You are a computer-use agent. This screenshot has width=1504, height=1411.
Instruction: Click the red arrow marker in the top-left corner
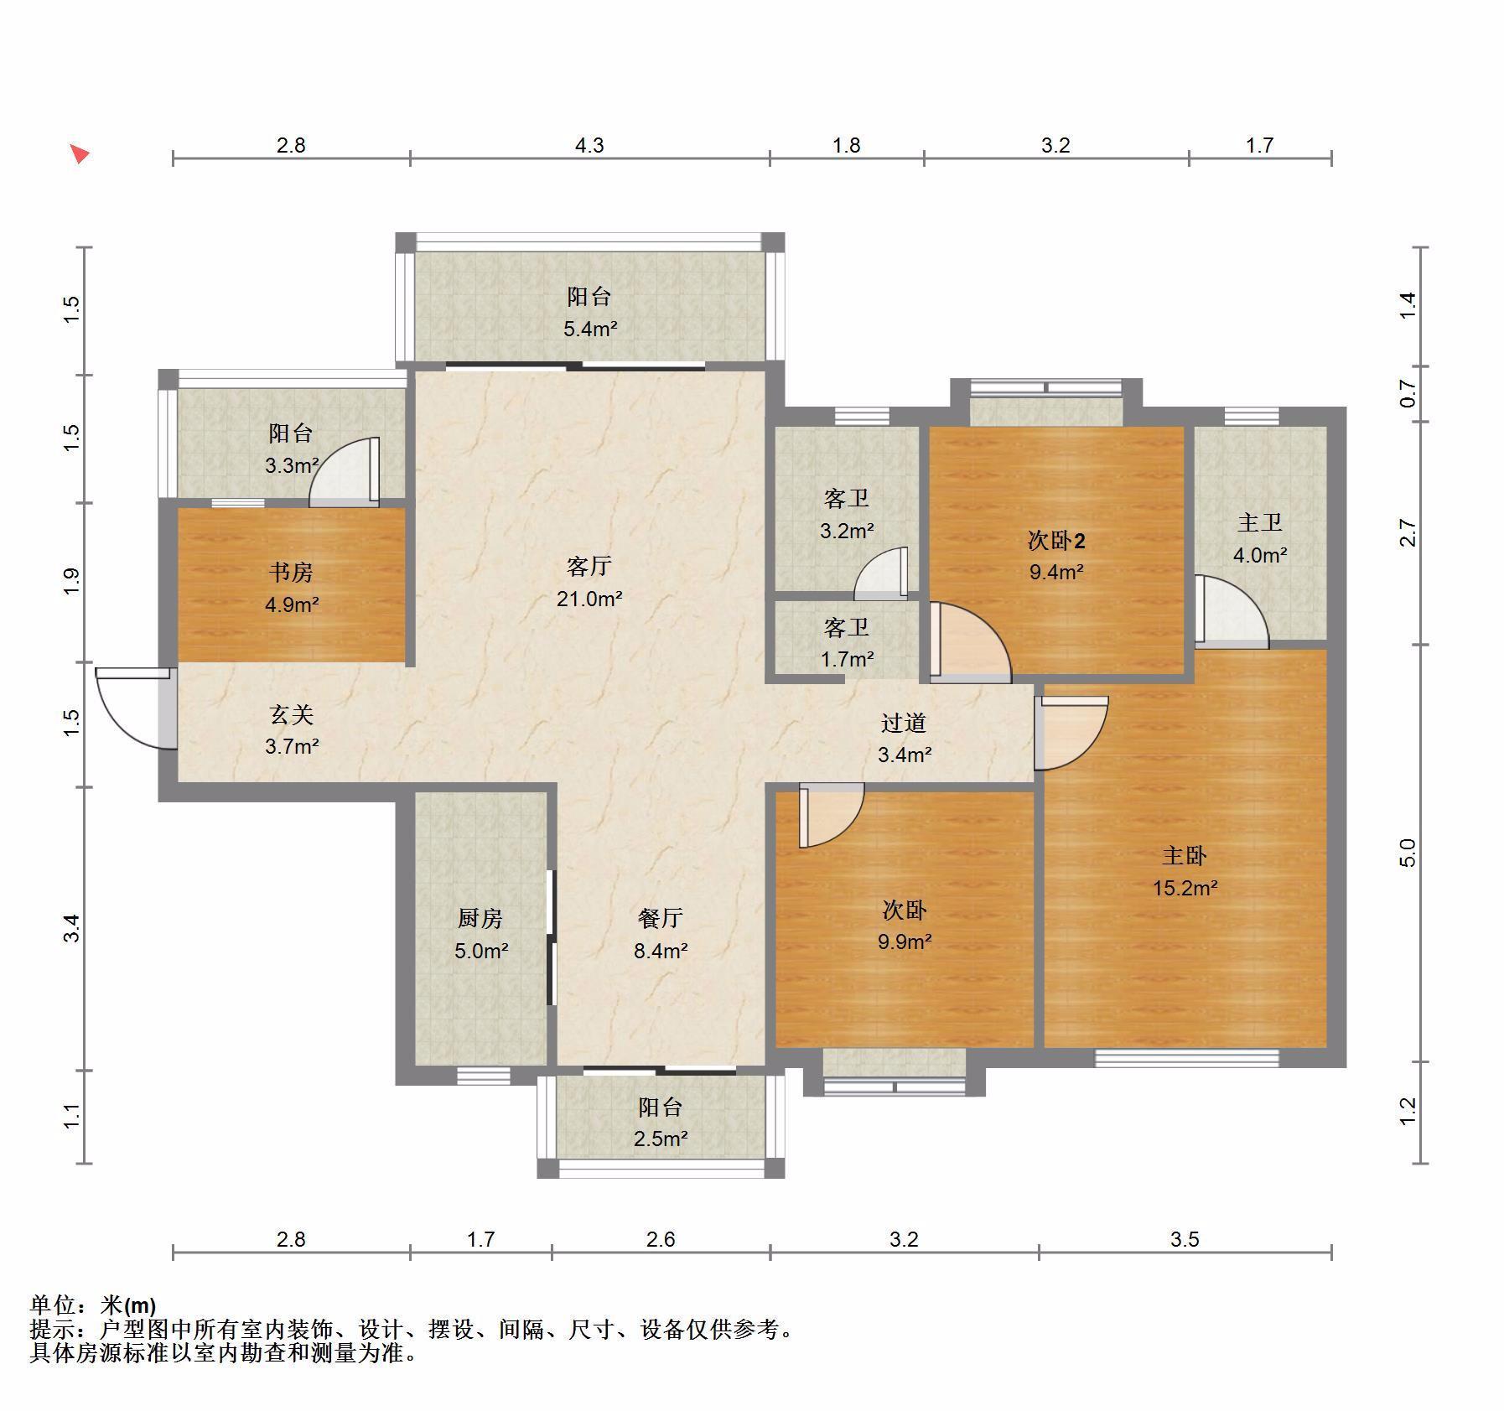(80, 154)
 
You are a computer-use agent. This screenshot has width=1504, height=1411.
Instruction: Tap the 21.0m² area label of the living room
(589, 599)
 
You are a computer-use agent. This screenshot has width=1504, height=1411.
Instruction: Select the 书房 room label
(291, 572)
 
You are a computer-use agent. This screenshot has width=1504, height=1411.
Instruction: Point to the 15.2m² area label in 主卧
(1185, 887)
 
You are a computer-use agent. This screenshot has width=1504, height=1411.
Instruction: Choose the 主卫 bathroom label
(1259, 522)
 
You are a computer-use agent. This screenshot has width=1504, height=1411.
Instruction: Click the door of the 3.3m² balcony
(345, 472)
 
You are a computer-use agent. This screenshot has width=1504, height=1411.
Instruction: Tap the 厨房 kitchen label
(480, 918)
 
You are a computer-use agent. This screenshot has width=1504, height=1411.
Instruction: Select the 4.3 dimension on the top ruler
(589, 145)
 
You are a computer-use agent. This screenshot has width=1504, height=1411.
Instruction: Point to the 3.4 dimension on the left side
(72, 928)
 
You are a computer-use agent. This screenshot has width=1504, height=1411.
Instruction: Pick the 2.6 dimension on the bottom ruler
(661, 1238)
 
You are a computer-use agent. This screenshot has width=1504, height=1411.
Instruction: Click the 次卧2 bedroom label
(1056, 541)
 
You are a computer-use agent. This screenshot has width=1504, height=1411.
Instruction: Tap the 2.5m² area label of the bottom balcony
(661, 1139)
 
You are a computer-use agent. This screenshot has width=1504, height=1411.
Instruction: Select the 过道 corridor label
(904, 722)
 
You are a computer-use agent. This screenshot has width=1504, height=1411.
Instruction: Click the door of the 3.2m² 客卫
(881, 573)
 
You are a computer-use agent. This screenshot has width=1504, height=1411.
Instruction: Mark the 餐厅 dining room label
(661, 918)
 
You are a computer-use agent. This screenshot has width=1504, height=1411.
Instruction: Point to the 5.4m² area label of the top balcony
(589, 329)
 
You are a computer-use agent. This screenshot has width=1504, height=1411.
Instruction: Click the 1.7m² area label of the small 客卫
(847, 659)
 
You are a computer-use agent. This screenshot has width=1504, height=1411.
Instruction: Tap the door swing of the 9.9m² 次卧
(831, 815)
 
